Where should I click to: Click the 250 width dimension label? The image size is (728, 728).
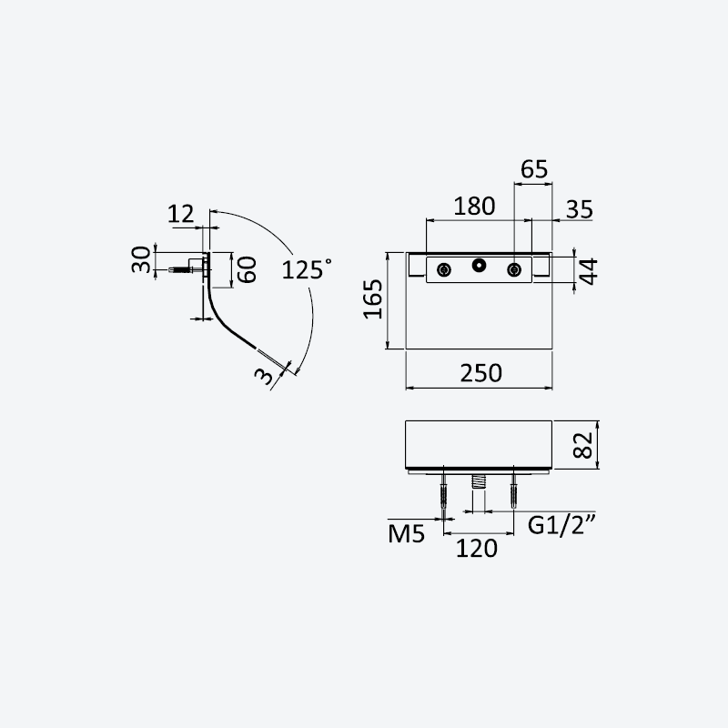click(481, 373)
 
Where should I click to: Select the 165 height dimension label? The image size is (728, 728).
click(373, 299)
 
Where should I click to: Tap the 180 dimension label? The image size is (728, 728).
click(474, 207)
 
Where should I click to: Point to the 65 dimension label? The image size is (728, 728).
click(534, 169)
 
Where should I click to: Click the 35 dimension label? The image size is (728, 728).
click(580, 209)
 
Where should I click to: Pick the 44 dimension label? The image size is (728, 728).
click(588, 271)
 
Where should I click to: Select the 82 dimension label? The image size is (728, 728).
click(583, 445)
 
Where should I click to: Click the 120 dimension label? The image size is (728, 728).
click(476, 549)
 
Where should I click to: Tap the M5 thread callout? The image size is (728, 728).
click(406, 534)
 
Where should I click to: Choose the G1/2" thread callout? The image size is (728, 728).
click(561, 525)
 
